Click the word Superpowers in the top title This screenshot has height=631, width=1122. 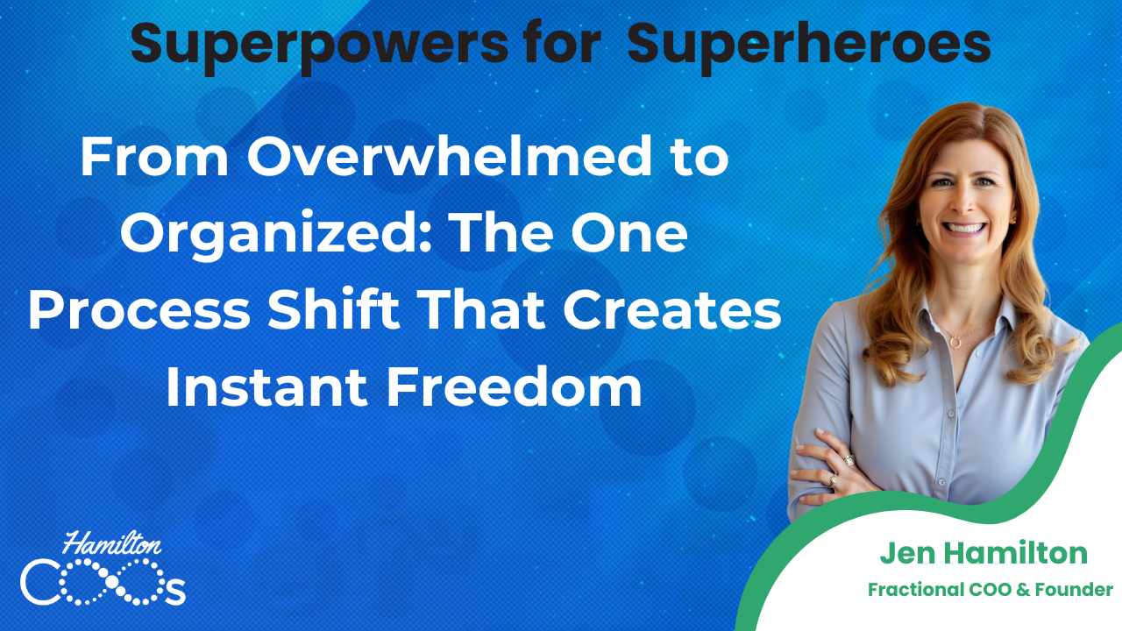click(x=318, y=44)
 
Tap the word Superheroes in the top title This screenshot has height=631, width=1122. click(x=809, y=44)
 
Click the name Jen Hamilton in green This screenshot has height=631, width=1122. click(x=983, y=553)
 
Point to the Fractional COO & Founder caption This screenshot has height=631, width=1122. click(x=990, y=590)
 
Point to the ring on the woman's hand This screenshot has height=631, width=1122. click(x=848, y=459)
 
